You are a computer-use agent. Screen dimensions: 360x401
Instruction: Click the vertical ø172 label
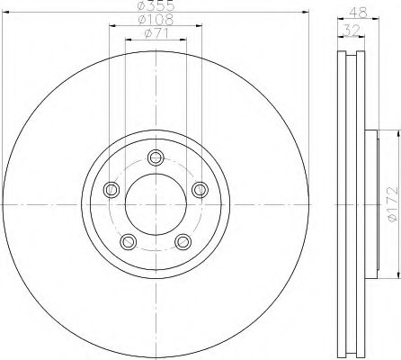391,204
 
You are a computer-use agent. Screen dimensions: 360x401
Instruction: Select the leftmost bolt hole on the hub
111,189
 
